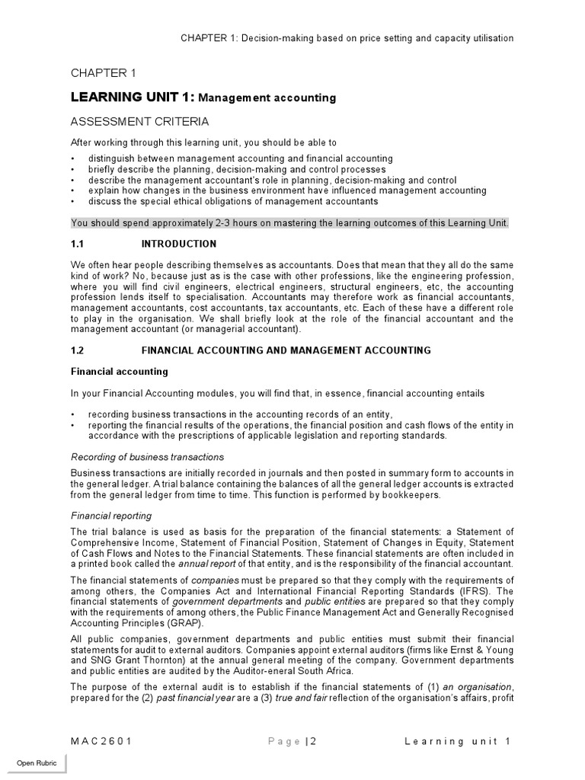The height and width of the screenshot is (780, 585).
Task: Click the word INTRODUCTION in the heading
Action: point(179,244)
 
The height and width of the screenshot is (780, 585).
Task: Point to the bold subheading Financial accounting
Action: point(119,372)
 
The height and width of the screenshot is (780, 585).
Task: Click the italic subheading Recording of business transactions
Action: point(147,456)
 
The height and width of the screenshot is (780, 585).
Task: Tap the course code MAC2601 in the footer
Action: point(103,741)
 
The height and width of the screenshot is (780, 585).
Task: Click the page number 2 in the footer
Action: point(312,741)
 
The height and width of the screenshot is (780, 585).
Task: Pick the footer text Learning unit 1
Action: point(458,741)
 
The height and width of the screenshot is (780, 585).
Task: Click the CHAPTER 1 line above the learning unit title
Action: point(104,73)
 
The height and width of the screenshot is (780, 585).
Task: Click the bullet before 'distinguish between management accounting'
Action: point(73,158)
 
